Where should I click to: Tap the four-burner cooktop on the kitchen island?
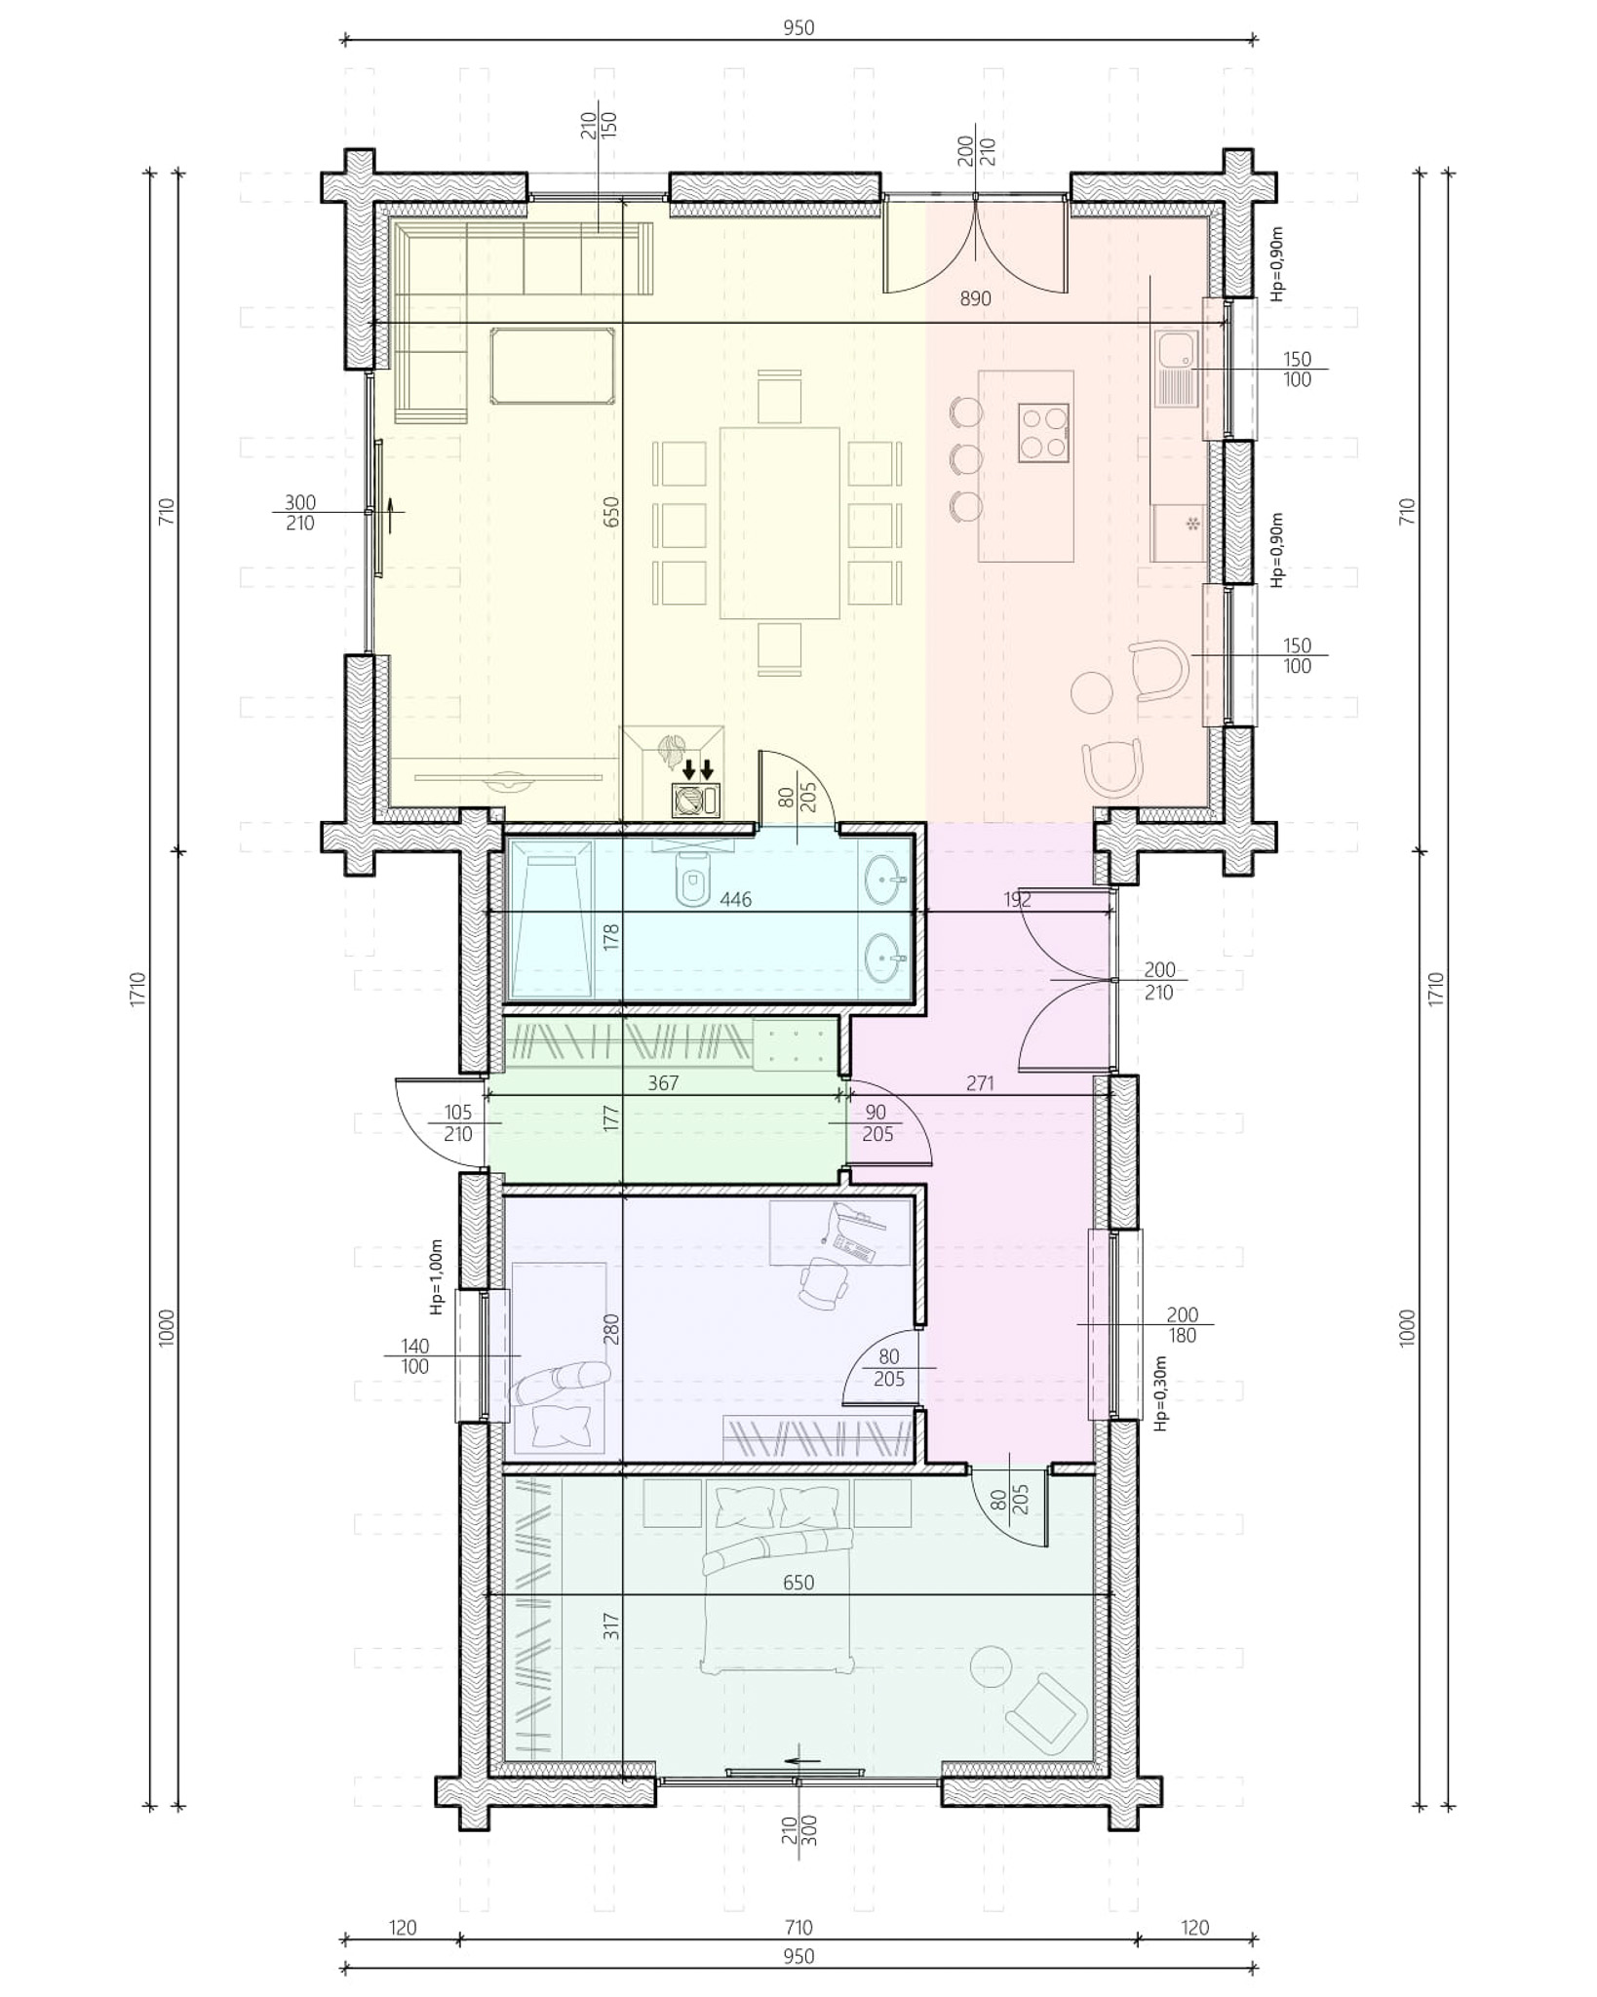(x=1044, y=433)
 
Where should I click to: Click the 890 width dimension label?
(x=975, y=298)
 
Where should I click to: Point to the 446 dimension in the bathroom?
(x=735, y=899)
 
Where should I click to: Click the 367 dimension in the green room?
(x=663, y=1082)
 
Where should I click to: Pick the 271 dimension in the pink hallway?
(x=980, y=1082)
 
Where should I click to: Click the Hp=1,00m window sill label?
(x=438, y=1276)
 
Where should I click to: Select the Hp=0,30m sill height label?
(x=1160, y=1393)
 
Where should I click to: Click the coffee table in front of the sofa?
(x=553, y=366)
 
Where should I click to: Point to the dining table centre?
(x=780, y=523)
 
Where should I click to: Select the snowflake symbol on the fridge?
(x=1191, y=525)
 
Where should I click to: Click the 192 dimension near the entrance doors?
(x=1017, y=899)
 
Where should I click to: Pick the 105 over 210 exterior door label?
(x=457, y=1123)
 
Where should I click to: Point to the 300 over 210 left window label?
(x=300, y=513)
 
